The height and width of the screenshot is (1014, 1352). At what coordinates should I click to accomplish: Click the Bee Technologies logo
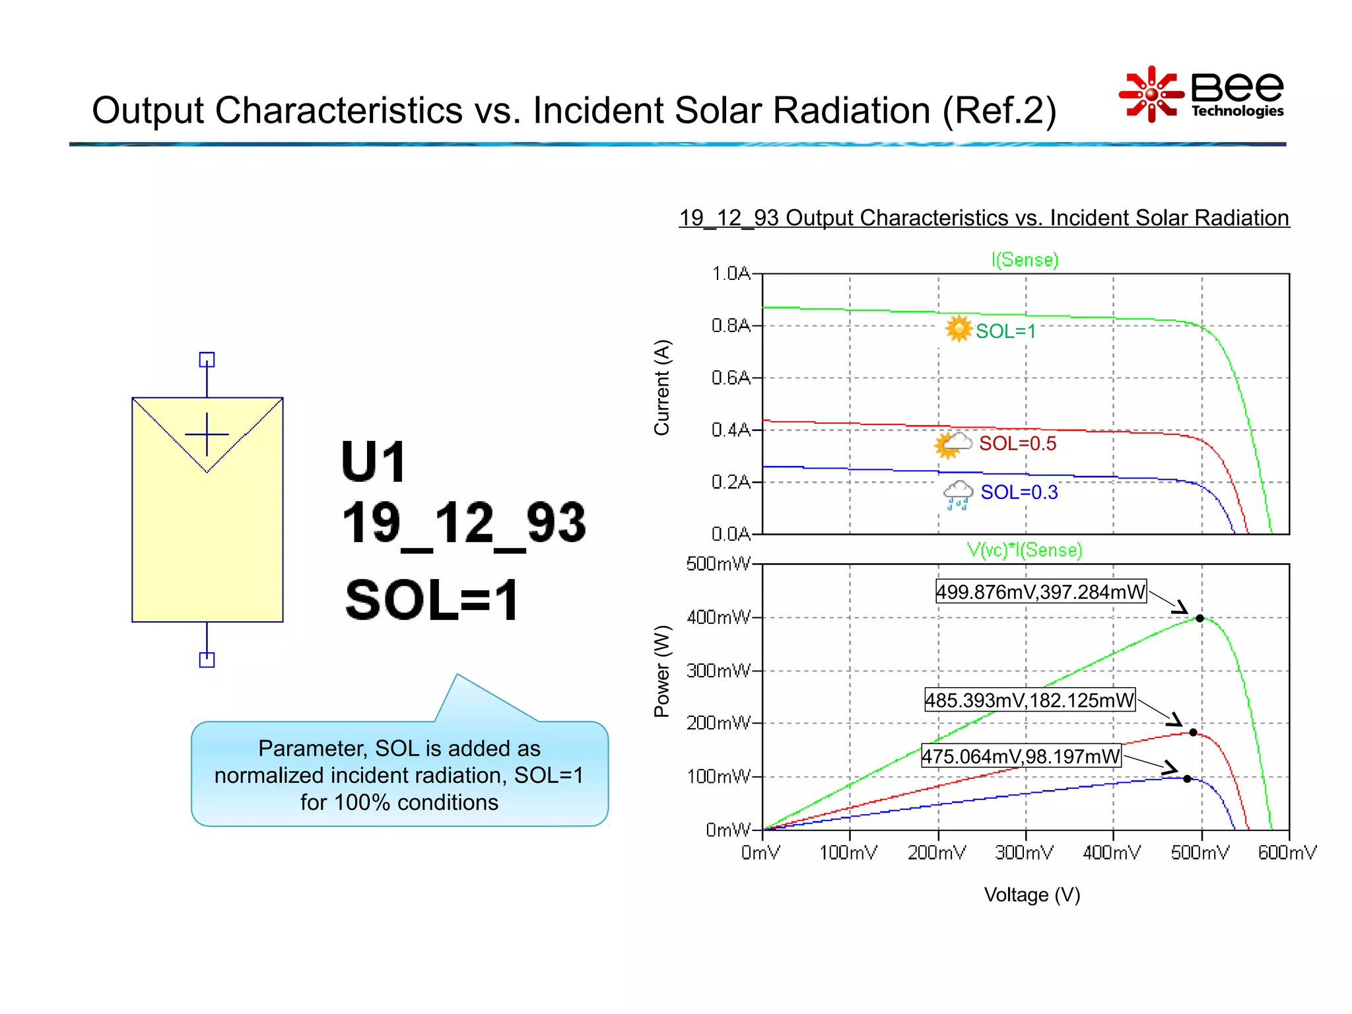1201,94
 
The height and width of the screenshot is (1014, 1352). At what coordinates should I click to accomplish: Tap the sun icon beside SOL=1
958,329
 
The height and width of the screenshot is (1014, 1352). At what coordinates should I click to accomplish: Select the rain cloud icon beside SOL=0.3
958,494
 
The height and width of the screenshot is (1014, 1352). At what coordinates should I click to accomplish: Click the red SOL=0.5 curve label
1017,444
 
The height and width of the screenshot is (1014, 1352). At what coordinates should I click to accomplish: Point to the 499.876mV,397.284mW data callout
1040,592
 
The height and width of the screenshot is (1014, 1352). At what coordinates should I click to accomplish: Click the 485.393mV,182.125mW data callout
1029,700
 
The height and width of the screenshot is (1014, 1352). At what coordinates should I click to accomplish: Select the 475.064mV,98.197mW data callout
1021,757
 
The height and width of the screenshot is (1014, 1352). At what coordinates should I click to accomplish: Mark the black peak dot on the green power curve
1200,619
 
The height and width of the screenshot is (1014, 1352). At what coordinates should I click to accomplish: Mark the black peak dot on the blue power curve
1187,779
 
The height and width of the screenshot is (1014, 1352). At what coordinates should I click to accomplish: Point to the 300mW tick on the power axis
718,671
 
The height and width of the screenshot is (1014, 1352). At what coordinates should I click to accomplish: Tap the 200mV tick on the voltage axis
937,853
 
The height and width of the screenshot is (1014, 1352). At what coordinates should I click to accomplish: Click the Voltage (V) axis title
1032,895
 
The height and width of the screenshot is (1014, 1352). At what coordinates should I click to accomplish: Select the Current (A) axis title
661,388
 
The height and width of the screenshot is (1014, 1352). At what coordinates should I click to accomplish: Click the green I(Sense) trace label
1025,260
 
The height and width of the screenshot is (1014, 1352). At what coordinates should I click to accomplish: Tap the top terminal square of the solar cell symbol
207,360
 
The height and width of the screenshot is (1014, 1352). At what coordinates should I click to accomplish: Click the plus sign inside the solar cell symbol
207,434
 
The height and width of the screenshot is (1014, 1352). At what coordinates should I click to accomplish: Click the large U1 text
374,462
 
